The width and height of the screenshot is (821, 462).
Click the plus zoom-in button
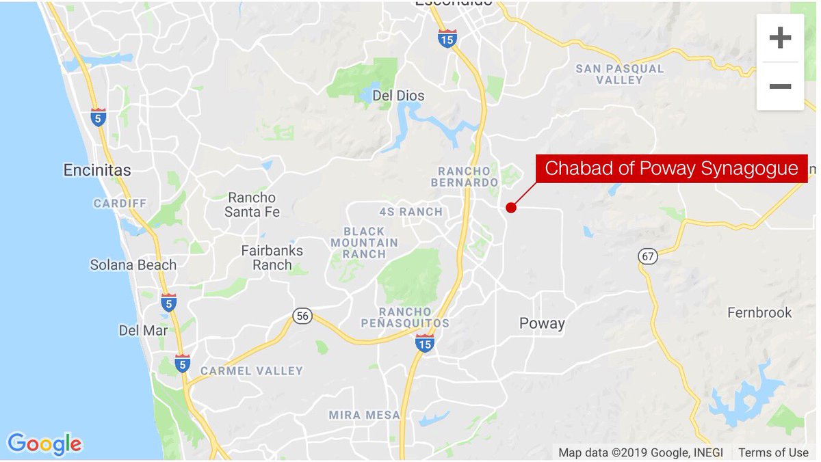(x=780, y=38)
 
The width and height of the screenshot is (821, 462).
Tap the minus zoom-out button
(x=780, y=86)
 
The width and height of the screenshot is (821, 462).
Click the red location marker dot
(x=510, y=208)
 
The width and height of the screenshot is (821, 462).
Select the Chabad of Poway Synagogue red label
(x=671, y=168)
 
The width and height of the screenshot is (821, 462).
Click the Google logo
(x=44, y=444)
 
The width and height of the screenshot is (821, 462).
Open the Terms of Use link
(x=773, y=452)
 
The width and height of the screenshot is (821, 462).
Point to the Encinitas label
(x=96, y=170)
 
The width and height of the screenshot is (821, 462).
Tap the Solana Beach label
(x=133, y=265)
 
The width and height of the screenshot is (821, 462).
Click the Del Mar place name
(x=143, y=331)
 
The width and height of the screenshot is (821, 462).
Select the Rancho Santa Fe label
(x=252, y=205)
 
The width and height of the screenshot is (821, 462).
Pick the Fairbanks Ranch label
(x=272, y=258)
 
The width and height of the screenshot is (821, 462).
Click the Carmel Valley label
(x=251, y=371)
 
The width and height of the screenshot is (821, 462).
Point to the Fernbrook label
(x=759, y=313)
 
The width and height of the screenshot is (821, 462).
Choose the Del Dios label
(x=398, y=96)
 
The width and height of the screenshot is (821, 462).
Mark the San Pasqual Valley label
(x=619, y=74)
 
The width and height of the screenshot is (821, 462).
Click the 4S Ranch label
(x=410, y=212)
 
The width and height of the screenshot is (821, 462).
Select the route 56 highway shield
(x=302, y=316)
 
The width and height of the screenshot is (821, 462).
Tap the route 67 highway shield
(x=647, y=256)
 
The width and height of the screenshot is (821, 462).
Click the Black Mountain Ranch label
(x=364, y=243)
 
